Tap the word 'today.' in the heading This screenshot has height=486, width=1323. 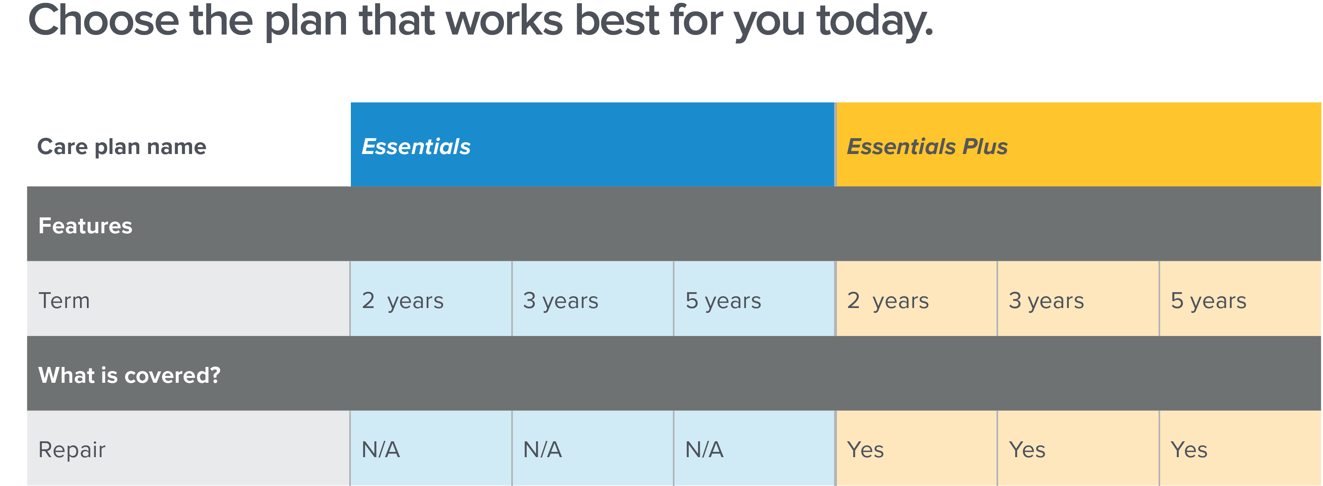(x=875, y=23)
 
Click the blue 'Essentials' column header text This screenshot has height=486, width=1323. (x=416, y=146)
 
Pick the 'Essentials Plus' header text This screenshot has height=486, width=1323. (x=927, y=146)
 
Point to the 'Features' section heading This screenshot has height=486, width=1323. (x=85, y=226)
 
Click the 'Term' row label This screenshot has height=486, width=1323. (x=64, y=301)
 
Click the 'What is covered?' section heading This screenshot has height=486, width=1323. (x=130, y=375)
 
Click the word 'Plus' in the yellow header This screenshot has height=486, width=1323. (x=985, y=146)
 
